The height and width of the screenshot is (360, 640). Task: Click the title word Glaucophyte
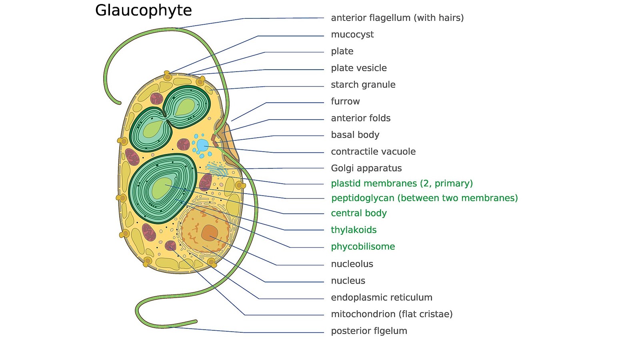point(144,11)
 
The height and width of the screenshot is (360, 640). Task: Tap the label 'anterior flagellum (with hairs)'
point(397,18)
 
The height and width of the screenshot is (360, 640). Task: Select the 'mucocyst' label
point(352,35)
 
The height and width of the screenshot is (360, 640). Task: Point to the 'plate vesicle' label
point(358,68)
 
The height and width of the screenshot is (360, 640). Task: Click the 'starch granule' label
point(363,85)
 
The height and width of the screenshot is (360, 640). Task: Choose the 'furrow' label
point(345,102)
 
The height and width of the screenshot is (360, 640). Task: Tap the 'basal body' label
point(355,135)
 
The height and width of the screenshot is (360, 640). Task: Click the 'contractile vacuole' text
point(373,152)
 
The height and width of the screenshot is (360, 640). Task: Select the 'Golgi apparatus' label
point(366,168)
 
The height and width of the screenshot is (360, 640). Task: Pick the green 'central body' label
point(358,213)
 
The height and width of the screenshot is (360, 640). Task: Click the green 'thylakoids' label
point(354,230)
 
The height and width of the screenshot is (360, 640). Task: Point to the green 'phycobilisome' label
point(363,246)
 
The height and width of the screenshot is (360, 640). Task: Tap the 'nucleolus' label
point(352,264)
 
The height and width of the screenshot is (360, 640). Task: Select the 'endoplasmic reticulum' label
point(382,298)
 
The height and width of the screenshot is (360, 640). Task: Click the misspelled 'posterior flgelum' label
point(369,331)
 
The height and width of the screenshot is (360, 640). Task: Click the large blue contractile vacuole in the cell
point(202,145)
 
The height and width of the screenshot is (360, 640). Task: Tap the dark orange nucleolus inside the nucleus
point(210,232)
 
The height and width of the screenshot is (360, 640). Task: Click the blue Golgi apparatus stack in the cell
point(217,169)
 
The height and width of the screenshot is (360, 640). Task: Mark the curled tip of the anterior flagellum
point(118,102)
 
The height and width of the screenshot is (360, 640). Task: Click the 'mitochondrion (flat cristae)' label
point(392,314)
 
